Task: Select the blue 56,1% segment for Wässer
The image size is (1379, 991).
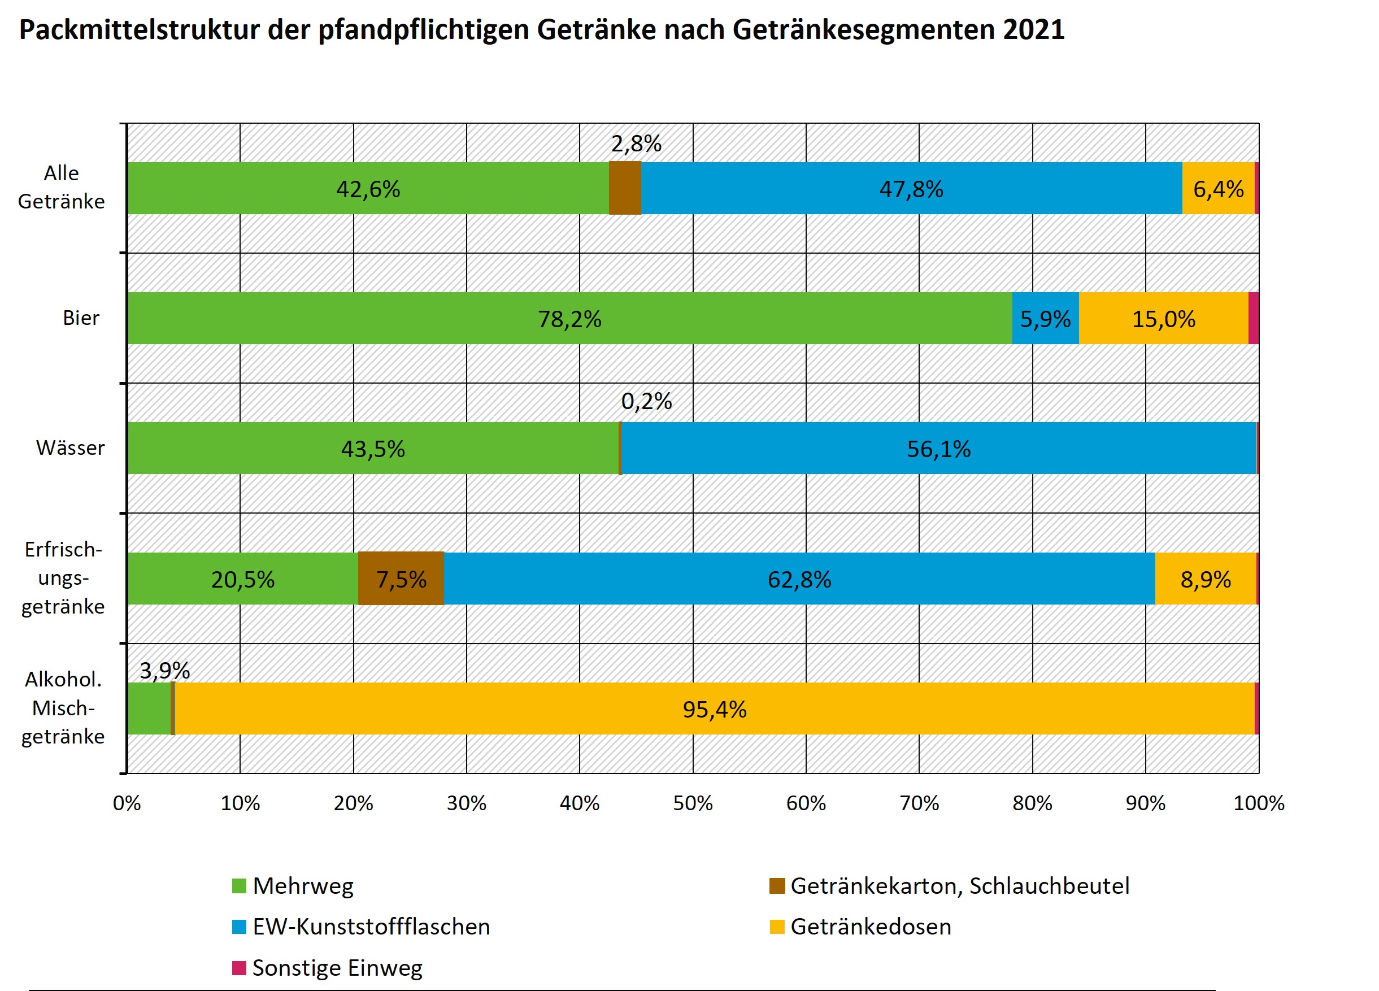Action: point(938,448)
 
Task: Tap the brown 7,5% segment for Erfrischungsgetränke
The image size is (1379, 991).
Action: point(401,578)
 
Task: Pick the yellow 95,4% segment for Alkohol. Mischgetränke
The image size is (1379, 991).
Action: point(715,709)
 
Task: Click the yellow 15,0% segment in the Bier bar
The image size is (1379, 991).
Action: point(1163,318)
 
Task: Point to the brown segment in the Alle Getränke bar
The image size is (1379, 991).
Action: point(625,188)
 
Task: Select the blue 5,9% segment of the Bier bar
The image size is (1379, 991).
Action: point(1045,318)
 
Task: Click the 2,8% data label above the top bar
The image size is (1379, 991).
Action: point(636,144)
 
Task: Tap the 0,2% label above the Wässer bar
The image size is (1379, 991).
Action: point(646,401)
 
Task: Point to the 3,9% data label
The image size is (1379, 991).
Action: point(165,670)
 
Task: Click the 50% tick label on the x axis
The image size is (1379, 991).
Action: point(693,803)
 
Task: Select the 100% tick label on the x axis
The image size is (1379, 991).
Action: point(1259,803)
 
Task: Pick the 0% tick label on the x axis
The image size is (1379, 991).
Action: point(127,803)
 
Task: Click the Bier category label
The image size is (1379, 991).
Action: point(81,318)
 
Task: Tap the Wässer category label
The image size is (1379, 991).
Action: point(70,448)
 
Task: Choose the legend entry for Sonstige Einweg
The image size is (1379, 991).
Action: point(337,967)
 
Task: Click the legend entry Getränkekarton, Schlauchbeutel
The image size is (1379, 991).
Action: point(959,886)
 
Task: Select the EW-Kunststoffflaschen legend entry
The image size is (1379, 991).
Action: point(371,927)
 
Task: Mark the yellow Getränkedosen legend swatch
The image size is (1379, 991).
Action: point(777,927)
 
